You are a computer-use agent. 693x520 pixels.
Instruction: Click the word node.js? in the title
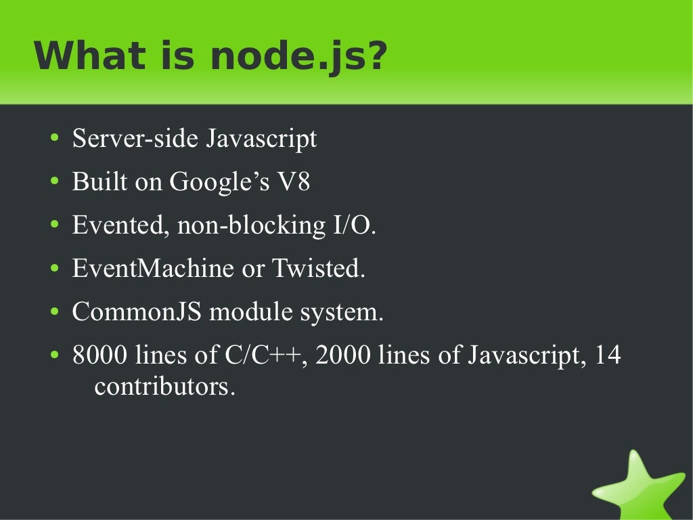click(298, 57)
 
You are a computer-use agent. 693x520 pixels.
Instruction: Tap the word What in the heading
click(85, 56)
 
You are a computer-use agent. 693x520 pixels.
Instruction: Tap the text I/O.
click(353, 225)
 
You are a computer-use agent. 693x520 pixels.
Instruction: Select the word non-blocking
click(251, 225)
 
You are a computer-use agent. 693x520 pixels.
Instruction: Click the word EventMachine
click(153, 269)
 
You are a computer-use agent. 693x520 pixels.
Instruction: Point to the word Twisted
click(318, 269)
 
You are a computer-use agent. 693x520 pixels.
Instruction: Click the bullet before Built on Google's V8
click(54, 183)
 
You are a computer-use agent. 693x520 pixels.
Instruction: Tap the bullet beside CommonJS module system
click(54, 313)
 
